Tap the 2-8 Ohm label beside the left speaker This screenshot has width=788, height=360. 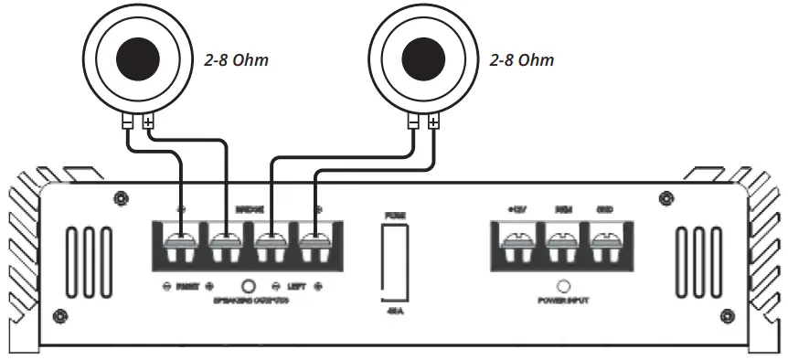click(239, 63)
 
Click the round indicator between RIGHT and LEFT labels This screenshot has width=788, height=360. click(248, 285)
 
